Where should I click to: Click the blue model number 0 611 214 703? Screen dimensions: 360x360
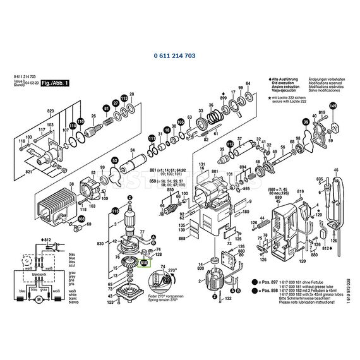click(174, 56)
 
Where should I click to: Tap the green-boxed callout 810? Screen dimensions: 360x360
click(143, 262)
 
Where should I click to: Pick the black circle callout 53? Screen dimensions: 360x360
click(114, 161)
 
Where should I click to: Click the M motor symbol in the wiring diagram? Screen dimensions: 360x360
click(39, 299)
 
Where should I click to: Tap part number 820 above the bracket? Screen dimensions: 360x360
click(49, 111)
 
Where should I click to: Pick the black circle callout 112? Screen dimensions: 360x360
click(230, 144)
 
